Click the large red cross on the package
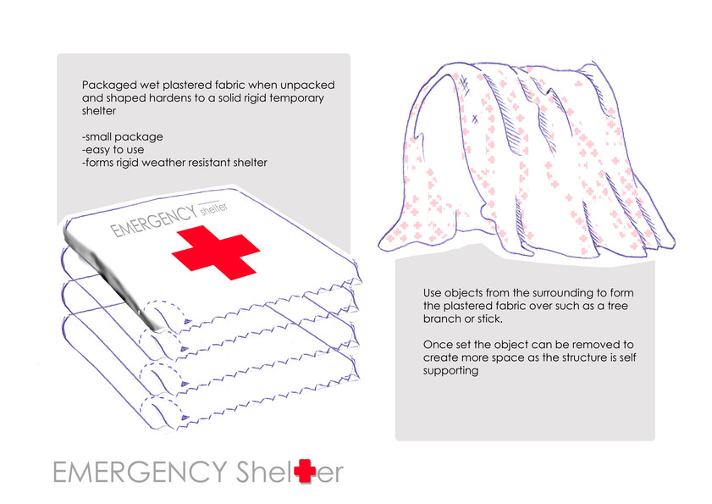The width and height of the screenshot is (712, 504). tap(216, 252)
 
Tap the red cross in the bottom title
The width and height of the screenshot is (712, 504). tap(305, 471)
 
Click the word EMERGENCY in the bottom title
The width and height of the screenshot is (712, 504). tap(140, 472)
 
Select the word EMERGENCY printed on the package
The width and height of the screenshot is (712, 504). tap(154, 221)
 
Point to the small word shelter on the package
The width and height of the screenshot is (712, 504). tap(214, 208)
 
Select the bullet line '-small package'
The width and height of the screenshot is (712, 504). tap(122, 136)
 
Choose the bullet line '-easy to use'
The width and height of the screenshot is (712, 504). tap(113, 150)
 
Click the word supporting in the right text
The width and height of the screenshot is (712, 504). tap(450, 371)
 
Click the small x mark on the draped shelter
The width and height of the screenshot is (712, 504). tap(475, 119)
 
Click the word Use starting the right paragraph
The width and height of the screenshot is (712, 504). tap(432, 293)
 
